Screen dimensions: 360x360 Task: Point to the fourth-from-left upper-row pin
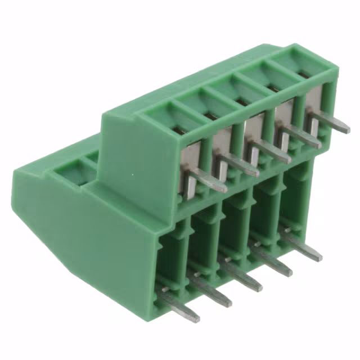tap(301, 137)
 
